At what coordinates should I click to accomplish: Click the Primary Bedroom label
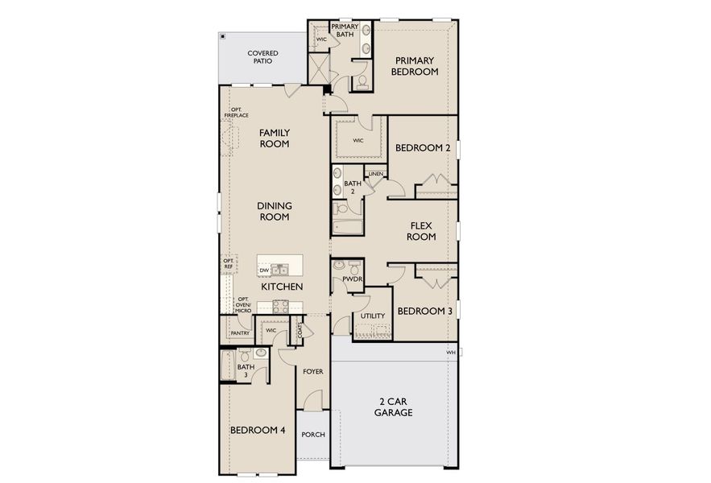pyautogui.click(x=414, y=66)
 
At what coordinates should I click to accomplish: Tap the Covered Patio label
pyautogui.click(x=262, y=57)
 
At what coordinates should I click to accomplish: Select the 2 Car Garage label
pyautogui.click(x=393, y=407)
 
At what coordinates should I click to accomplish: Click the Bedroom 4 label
pyautogui.click(x=258, y=430)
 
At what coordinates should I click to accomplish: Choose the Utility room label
pyautogui.click(x=374, y=316)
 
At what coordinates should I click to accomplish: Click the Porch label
pyautogui.click(x=312, y=435)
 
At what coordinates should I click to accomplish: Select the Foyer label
pyautogui.click(x=312, y=372)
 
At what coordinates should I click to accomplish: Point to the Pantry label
pyautogui.click(x=239, y=332)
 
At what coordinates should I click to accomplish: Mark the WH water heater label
pyautogui.click(x=451, y=353)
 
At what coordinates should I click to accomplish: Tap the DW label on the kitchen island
pyautogui.click(x=263, y=270)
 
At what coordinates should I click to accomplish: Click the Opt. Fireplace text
pyautogui.click(x=236, y=113)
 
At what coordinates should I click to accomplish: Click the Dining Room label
pyautogui.click(x=274, y=211)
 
